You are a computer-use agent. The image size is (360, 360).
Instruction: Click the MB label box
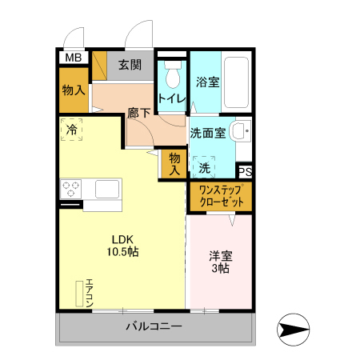click(x=73, y=58)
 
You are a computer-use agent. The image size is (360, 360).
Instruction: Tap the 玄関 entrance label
click(x=130, y=66)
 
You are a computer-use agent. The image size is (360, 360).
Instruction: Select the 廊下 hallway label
click(x=138, y=114)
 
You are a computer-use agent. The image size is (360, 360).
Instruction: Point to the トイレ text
click(x=172, y=98)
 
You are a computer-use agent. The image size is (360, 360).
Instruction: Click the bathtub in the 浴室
click(x=237, y=84)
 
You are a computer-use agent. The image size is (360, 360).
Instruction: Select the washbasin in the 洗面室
click(x=239, y=132)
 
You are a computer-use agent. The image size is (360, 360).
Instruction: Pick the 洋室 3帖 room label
click(x=220, y=262)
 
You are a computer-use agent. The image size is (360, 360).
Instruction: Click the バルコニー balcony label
click(x=154, y=327)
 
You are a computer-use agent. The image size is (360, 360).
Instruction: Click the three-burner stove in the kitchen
click(x=70, y=189)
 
